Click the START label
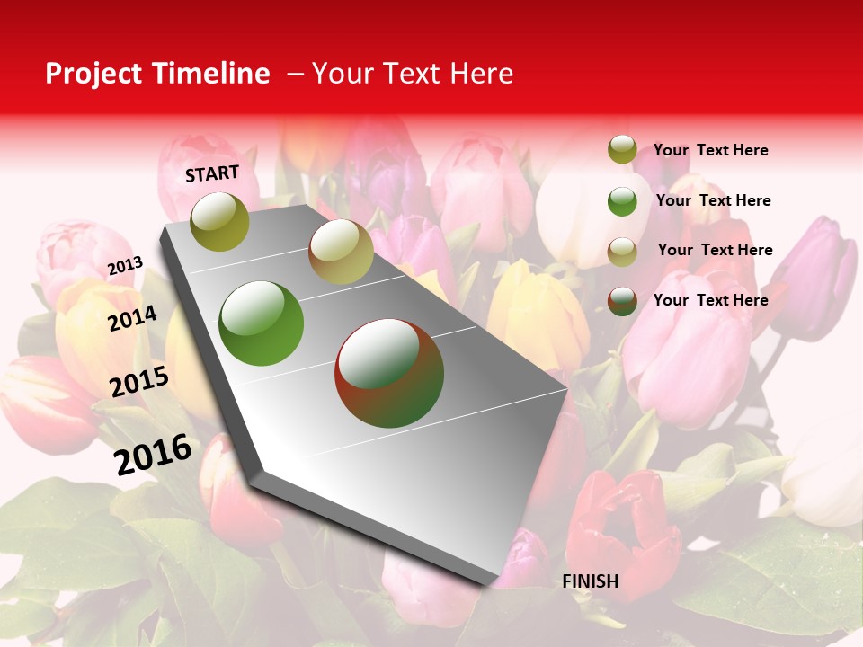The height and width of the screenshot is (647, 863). click(x=212, y=173)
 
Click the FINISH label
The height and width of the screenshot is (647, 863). click(x=591, y=581)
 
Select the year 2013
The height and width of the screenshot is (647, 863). click(x=125, y=266)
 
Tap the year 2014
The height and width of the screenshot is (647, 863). click(x=132, y=319)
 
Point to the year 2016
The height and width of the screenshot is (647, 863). click(x=153, y=455)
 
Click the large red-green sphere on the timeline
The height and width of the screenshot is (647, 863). click(x=389, y=373)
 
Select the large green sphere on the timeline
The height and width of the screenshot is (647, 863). click(x=262, y=323)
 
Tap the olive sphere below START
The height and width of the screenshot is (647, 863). click(x=220, y=222)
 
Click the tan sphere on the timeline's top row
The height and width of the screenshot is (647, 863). click(x=341, y=252)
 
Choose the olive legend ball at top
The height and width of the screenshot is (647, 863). click(x=622, y=150)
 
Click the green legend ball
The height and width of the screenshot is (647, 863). click(x=622, y=201)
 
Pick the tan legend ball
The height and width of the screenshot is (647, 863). click(x=622, y=252)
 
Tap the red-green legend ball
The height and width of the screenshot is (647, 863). click(x=622, y=301)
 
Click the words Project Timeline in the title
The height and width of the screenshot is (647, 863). click(x=157, y=74)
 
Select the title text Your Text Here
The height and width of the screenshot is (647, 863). click(x=412, y=74)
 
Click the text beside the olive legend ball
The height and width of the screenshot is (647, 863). click(x=710, y=150)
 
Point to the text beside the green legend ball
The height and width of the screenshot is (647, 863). click(x=713, y=200)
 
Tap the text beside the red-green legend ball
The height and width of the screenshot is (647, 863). click(x=710, y=300)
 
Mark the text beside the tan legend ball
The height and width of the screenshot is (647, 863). click(x=715, y=250)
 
